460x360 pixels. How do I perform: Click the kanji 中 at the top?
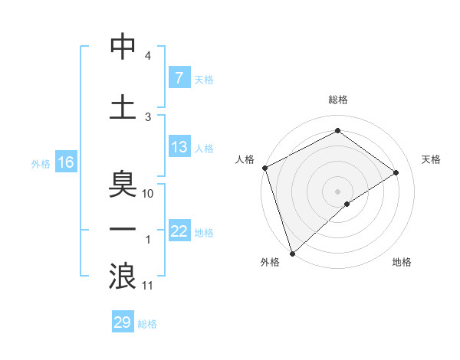123,47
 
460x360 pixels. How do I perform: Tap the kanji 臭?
123,185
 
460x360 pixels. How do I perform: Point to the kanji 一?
123,231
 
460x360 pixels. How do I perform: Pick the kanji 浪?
123,277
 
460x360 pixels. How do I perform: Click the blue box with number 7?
179,78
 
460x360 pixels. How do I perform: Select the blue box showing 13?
179,148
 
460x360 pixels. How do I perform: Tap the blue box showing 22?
179,232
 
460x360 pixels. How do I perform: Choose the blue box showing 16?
65,162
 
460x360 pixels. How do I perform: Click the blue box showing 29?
123,322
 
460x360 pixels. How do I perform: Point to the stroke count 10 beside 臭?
149,194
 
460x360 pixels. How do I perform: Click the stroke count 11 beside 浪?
149,286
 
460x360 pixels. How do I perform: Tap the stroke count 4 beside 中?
148,56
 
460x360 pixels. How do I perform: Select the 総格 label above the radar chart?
338,100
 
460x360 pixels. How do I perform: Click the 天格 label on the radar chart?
432,159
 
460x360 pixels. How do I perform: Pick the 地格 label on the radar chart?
402,262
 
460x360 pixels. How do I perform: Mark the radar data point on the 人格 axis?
264,168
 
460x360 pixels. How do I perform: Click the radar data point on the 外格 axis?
292,253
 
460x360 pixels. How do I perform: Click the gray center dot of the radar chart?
338,191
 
